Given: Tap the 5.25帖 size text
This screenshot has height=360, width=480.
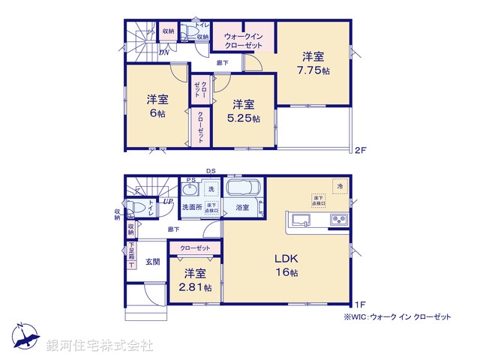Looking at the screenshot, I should pyautogui.click(x=244, y=112).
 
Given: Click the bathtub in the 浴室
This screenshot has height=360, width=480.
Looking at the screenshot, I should pyautogui.click(x=242, y=190).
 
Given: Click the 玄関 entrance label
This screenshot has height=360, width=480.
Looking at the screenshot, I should pyautogui.click(x=153, y=262).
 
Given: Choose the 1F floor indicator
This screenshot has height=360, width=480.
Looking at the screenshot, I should pyautogui.click(x=360, y=304).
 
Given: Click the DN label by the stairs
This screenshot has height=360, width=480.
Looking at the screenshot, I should pyautogui.click(x=163, y=52).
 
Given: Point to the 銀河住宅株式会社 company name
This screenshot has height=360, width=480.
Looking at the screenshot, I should pyautogui.click(x=100, y=346).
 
